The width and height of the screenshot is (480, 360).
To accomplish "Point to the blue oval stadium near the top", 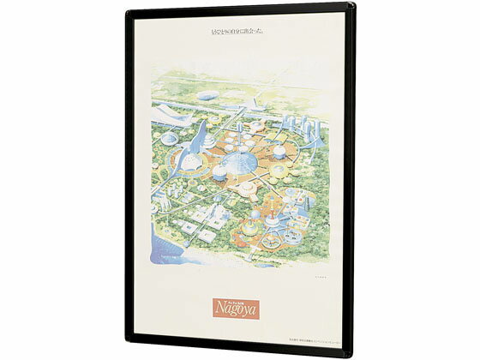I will (x=208, y=97).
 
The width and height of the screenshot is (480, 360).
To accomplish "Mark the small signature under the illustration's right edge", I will (x=320, y=277).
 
